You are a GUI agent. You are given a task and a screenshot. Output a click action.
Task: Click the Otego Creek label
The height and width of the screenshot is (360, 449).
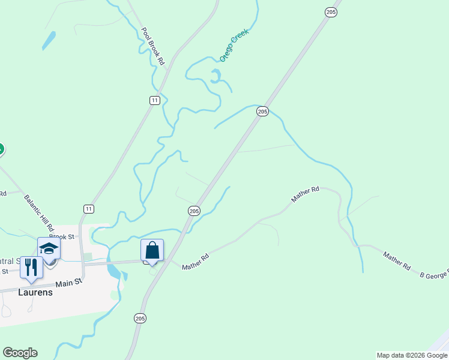(234, 45)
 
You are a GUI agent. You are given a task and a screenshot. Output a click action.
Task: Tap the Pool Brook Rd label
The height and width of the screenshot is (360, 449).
(152, 46)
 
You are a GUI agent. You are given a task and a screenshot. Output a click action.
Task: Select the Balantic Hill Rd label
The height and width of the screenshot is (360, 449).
(39, 213)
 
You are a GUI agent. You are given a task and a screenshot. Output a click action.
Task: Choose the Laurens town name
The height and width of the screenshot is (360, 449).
(34, 293)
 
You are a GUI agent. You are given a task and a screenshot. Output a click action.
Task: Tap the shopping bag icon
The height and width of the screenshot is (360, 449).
(152, 250)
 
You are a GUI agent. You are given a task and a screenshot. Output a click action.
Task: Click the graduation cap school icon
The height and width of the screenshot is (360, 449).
(49, 248)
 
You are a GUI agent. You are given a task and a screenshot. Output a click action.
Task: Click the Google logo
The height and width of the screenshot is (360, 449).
(20, 353)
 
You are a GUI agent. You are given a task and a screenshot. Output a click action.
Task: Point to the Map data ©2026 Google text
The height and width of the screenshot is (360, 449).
(412, 355)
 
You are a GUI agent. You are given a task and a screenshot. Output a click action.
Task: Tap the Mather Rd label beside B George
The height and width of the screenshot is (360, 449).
(397, 261)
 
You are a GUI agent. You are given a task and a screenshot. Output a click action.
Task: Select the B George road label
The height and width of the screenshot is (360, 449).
(433, 275)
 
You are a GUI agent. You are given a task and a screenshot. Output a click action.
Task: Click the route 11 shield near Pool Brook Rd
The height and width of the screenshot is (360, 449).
(155, 100)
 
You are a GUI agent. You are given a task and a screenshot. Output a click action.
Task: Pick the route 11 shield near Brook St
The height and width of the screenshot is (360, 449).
(89, 209)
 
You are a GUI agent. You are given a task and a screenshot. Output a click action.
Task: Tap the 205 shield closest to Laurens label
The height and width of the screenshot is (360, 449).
(140, 318)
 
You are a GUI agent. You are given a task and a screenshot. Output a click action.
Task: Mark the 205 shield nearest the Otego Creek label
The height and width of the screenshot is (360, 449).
(262, 112)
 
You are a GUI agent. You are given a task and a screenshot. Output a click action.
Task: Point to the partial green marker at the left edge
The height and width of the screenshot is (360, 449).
(1, 149)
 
